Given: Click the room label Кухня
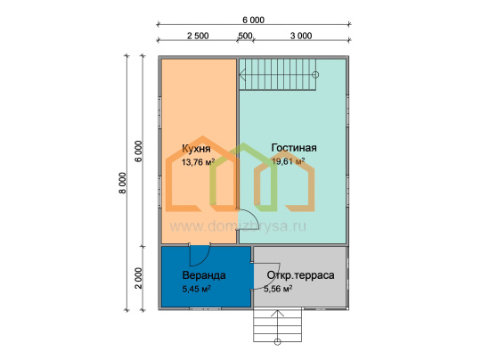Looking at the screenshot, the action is [x=196, y=149].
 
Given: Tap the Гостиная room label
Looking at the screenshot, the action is [x=294, y=148].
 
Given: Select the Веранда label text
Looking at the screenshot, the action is [x=204, y=275].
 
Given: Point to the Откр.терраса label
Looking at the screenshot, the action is [x=301, y=275].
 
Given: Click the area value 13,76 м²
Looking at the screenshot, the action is [x=198, y=162].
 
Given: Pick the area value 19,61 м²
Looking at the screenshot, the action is [x=288, y=161].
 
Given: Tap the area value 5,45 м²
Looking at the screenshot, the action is [x=196, y=289].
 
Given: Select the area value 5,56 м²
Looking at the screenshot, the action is [x=278, y=289].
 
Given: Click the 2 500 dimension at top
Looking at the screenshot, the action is [x=198, y=36].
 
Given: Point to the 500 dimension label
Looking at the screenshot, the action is [x=246, y=36].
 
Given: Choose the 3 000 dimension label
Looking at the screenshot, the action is [x=301, y=36].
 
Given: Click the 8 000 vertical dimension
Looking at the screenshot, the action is [x=122, y=183].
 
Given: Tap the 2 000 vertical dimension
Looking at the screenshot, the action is [x=139, y=278].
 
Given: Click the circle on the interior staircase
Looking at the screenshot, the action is [x=315, y=75].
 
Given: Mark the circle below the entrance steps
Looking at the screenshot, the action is [x=277, y=341].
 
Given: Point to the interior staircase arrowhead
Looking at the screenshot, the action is [x=242, y=75].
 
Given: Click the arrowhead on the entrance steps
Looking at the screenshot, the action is [x=277, y=313].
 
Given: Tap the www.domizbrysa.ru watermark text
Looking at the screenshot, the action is [x=238, y=226].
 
